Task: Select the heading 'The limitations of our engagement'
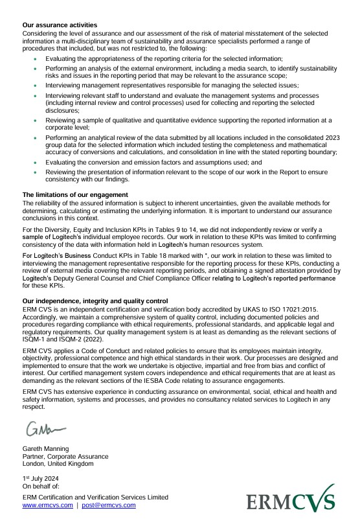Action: coord(75,195)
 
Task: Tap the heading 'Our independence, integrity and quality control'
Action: coord(95,301)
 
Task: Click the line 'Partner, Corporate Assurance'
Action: coord(65,456)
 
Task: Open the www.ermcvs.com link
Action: coord(48,505)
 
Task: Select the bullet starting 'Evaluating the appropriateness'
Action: coord(164,58)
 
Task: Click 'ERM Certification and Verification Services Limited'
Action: coord(95,497)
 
